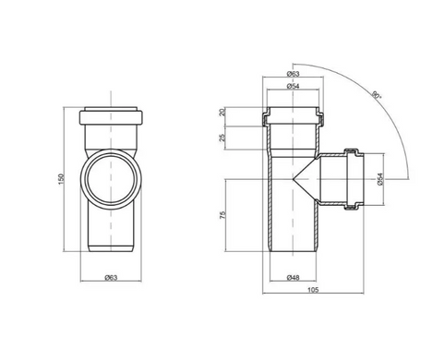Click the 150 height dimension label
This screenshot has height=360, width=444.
[61, 179]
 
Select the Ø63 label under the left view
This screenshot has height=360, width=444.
[111, 278]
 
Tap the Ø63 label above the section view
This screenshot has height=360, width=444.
[293, 74]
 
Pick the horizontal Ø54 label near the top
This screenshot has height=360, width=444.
[293, 86]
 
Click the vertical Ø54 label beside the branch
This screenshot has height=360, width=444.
[380, 179]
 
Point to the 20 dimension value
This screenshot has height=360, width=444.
[223, 112]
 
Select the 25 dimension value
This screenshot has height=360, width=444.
[223, 138]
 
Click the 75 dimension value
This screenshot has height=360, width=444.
[223, 215]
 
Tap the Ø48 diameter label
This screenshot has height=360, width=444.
[293, 278]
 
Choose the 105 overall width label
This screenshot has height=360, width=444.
[313, 290]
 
